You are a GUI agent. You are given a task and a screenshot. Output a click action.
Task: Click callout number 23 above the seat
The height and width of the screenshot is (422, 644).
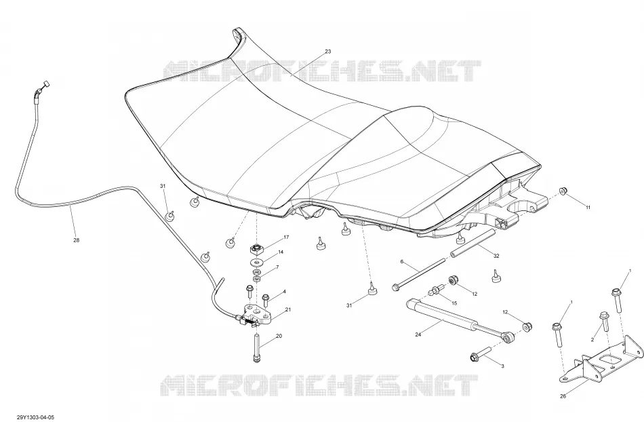point(327,52)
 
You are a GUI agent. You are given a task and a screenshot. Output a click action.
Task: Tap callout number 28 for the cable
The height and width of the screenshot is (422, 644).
point(76,240)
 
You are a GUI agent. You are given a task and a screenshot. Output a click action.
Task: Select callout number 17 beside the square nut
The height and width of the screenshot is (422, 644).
point(286,237)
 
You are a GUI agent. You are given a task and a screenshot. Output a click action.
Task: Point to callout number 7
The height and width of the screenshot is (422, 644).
point(277,267)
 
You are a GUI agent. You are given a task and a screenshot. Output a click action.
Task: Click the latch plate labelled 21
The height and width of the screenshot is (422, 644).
point(258,313)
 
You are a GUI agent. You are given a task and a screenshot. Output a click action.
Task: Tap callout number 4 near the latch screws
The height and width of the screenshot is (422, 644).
point(284,292)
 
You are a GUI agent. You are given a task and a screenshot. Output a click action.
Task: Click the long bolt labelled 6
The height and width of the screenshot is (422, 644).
point(419,273)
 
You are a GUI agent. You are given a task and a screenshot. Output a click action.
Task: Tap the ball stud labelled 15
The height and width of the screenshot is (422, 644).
point(435,290)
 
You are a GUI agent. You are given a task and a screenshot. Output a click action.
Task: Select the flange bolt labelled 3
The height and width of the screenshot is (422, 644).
point(481,353)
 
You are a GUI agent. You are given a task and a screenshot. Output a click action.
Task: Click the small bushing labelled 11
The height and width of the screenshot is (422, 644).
point(563,190)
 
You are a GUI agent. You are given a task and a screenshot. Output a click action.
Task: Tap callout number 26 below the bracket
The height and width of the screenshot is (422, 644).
point(563,396)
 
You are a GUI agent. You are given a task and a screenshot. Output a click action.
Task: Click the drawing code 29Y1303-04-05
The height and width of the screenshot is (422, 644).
point(36,417)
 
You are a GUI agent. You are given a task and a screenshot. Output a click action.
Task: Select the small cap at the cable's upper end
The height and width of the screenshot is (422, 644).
point(45,85)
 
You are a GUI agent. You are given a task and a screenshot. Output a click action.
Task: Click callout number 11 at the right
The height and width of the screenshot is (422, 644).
point(588,208)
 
